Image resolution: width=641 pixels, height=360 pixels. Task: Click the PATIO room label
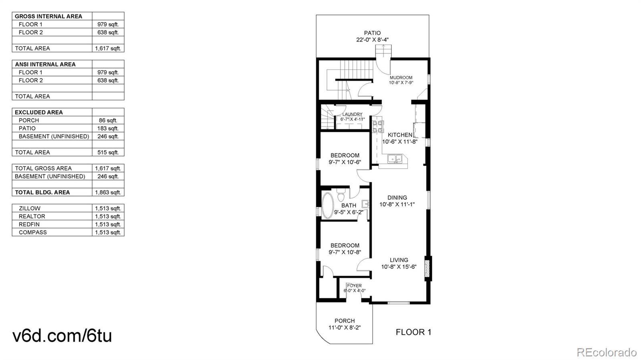click(x=372, y=33)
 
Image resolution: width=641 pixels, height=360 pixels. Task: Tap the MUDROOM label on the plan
click(x=401, y=78)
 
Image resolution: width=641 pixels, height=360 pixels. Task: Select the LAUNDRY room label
click(x=352, y=115)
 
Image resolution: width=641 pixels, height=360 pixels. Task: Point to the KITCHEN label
click(x=400, y=135)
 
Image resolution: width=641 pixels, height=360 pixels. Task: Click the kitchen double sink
click(x=395, y=159)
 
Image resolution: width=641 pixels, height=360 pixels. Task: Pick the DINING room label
click(x=397, y=197)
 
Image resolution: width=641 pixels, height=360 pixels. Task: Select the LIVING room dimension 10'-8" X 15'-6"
click(x=399, y=267)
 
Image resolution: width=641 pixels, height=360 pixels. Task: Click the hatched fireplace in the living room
click(x=427, y=268)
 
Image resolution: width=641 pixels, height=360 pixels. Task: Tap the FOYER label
click(x=354, y=286)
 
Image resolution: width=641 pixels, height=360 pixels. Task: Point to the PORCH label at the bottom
click(x=345, y=321)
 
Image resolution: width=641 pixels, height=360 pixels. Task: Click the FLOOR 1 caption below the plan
click(x=413, y=332)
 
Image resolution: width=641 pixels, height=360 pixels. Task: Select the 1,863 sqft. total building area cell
click(x=108, y=193)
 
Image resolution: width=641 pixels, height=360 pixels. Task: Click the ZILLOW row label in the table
click(x=30, y=209)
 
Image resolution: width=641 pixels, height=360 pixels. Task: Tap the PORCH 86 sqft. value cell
click(x=108, y=121)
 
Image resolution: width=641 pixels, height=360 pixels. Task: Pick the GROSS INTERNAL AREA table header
click(x=48, y=16)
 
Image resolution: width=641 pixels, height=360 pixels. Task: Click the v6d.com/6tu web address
click(x=62, y=336)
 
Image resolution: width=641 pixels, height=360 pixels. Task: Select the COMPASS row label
click(x=32, y=233)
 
